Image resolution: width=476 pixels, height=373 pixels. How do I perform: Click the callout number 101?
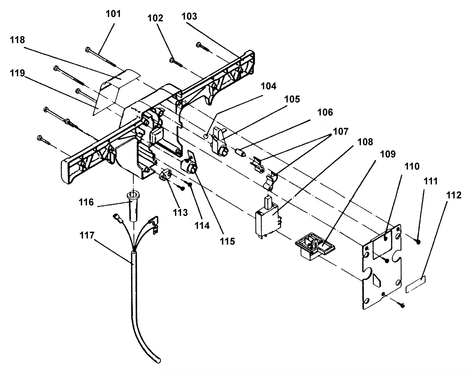tap(113, 14)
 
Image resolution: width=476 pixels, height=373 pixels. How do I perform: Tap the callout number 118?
tap(17, 40)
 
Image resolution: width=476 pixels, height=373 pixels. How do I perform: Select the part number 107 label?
tap(341, 132)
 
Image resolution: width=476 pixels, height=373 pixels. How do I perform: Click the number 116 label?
tap(86, 202)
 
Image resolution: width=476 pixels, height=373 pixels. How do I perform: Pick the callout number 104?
tap(269, 86)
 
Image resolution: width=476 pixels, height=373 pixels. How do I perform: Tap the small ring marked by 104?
tap(206, 136)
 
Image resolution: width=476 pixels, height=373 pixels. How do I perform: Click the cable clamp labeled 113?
tap(165, 175)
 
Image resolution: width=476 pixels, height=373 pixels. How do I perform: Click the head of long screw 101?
tap(88, 49)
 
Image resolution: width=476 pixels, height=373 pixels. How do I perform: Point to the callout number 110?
tap(412, 167)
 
